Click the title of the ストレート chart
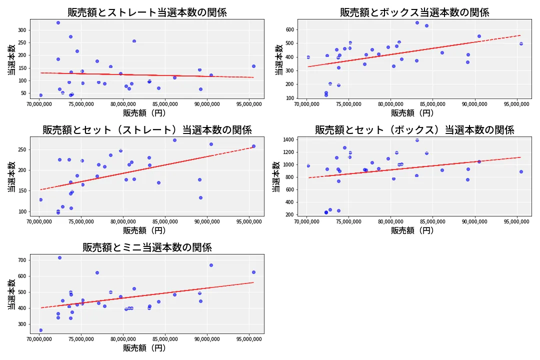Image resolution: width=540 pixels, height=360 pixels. pos(147,12)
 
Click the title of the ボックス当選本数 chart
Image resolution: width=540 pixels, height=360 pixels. pos(414,12)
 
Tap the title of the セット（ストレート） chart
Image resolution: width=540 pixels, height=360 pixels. pos(147,130)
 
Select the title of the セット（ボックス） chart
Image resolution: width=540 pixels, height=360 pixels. pos(414,130)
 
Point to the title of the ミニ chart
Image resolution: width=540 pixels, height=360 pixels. pos(147,247)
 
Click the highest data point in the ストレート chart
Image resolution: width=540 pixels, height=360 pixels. pos(58,22)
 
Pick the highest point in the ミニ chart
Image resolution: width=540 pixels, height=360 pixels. pos(59,257)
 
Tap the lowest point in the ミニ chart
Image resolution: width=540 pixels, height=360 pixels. pos(40,330)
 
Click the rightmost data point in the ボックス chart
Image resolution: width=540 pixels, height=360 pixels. pos(521,43)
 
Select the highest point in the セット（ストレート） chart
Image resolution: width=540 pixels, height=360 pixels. pos(174,140)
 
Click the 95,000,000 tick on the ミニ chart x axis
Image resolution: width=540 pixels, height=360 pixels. pos(249,339)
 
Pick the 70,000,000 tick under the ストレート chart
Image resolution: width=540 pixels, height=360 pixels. pos(40,104)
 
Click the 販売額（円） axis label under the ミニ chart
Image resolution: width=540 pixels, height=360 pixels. pos(147,348)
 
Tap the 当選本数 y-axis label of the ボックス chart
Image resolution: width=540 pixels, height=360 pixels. pos(278,58)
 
